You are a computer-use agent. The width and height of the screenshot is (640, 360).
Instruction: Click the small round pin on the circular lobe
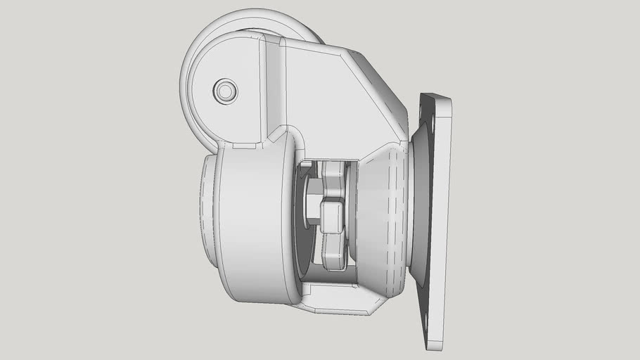click(225, 91)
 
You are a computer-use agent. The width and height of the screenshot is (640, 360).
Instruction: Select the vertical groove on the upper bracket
click(274, 88)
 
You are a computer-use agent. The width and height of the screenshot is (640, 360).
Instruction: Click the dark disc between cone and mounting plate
click(420, 211)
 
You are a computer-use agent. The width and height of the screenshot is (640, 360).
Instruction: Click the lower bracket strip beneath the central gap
click(338, 304)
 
